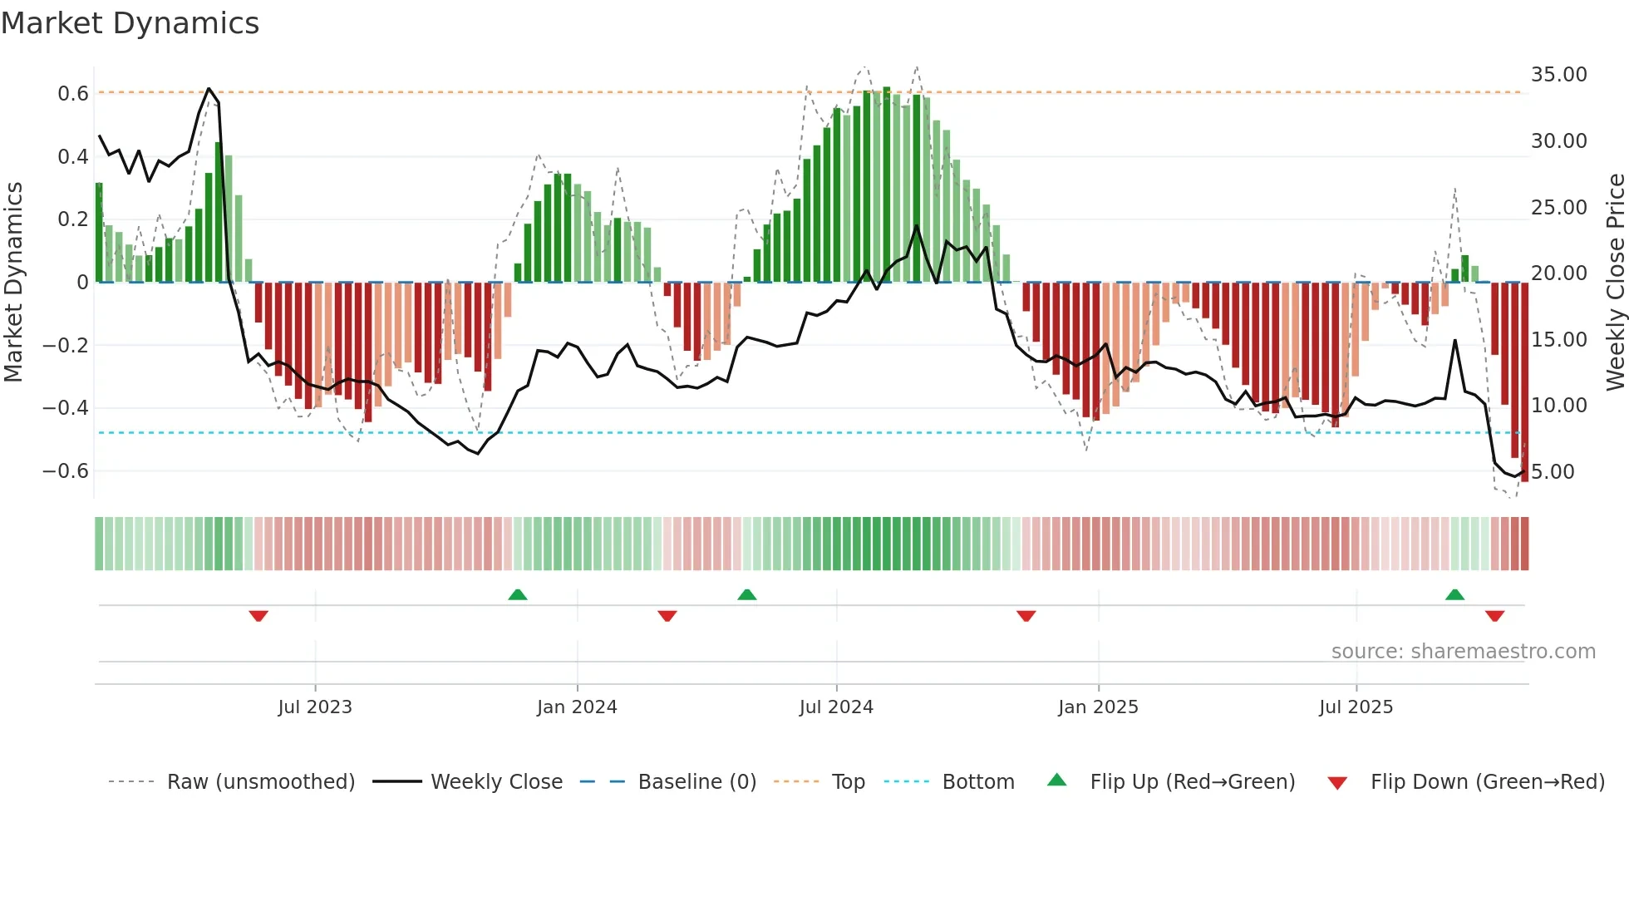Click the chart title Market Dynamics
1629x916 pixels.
coord(130,23)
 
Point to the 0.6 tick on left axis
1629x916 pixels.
coord(73,94)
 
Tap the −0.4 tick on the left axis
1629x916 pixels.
coord(66,408)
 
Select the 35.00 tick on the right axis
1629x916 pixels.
coord(1558,75)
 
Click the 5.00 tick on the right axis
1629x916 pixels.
coord(1553,472)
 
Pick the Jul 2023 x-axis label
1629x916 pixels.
coord(315,707)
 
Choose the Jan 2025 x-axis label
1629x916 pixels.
coord(1098,707)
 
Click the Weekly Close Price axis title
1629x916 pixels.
coord(1615,283)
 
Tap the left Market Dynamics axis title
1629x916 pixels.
coord(13,283)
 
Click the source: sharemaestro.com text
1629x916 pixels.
coord(1463,652)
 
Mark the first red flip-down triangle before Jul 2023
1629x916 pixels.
coord(258,616)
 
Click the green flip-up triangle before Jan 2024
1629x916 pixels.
coord(518,594)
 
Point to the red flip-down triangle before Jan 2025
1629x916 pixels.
coord(1026,616)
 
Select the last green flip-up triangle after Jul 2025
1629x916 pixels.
coord(1454,594)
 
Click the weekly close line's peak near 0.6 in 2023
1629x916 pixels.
coord(209,89)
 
